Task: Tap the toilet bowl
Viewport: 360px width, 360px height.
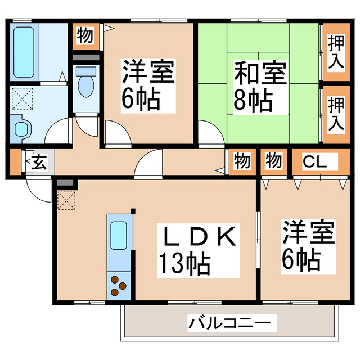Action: point(86,84)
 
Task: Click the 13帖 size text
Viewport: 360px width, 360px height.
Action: point(184,263)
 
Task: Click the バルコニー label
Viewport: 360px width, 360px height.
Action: point(233,323)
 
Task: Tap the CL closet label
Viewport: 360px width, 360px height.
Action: point(312,161)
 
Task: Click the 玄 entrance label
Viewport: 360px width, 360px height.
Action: point(39,162)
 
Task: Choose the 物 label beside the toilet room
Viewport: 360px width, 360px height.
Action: point(84,36)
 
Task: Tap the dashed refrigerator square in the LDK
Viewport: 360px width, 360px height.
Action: point(66,200)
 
